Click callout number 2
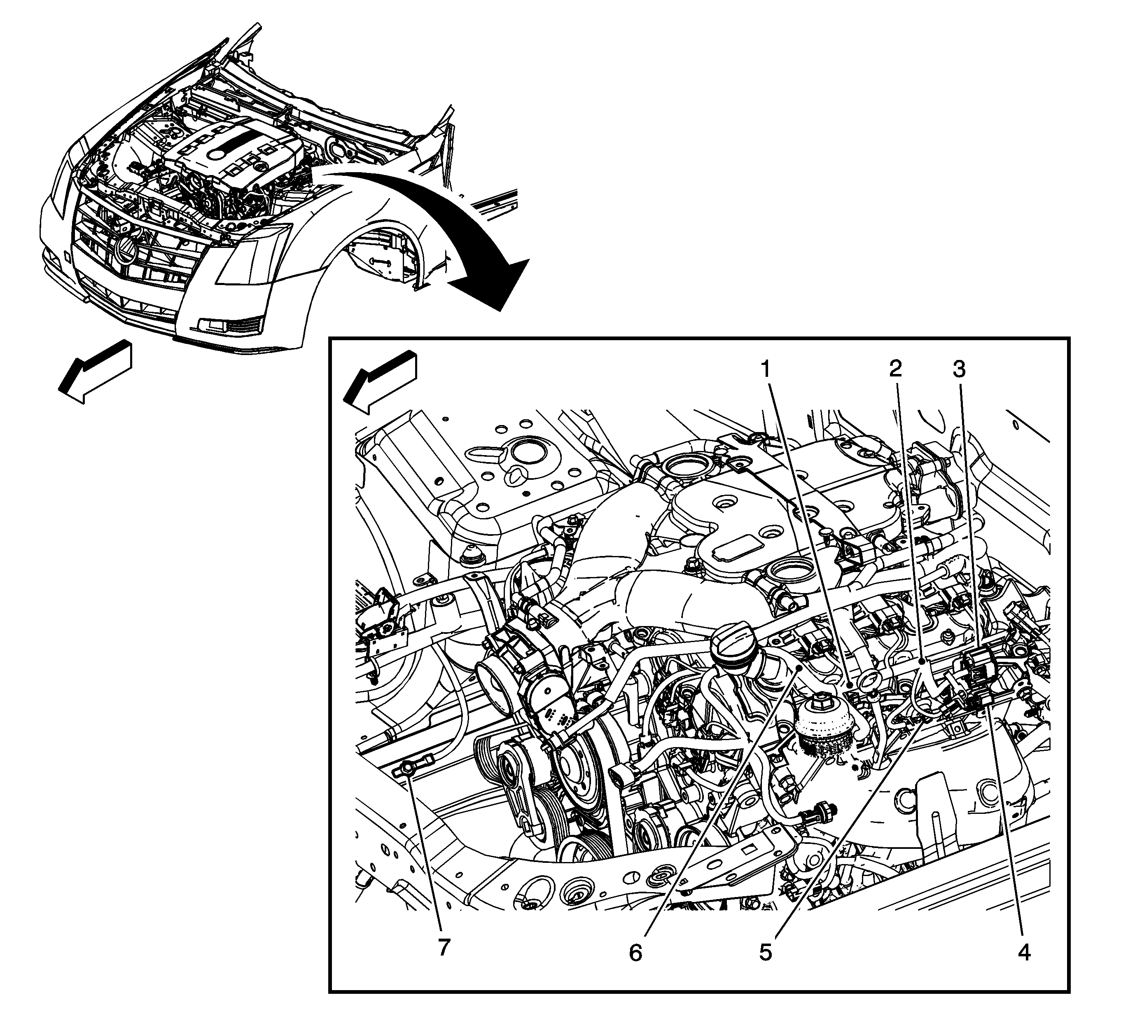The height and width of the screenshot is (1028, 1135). [x=895, y=370]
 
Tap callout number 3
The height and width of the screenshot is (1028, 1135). [x=959, y=370]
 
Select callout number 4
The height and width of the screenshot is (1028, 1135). [x=1024, y=953]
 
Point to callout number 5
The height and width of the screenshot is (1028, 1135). [x=765, y=953]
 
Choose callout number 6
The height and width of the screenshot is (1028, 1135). [x=635, y=953]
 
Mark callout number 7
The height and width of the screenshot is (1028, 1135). [x=444, y=948]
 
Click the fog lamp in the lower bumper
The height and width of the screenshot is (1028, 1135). [x=211, y=325]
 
